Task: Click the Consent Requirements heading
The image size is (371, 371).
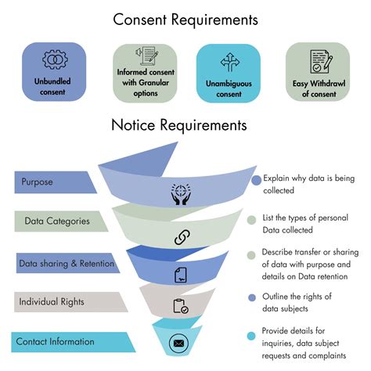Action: click(185, 18)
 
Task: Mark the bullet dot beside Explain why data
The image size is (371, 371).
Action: click(256, 179)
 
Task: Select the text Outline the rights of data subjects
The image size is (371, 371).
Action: click(298, 301)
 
